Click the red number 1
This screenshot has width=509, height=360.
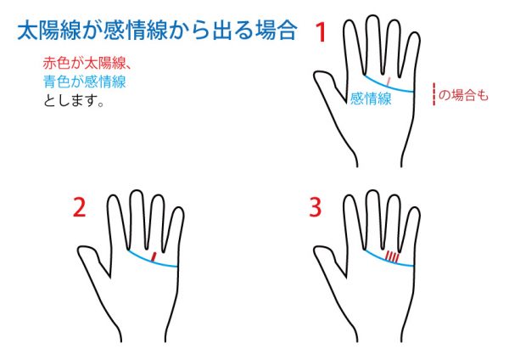click(321, 32)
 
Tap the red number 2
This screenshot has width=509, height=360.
click(80, 207)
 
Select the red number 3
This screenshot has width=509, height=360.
click(316, 207)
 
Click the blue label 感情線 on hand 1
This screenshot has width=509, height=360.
click(371, 98)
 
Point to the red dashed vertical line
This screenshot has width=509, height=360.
click(434, 94)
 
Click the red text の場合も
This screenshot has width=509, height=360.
click(463, 95)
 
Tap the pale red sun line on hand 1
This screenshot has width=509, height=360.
click(389, 82)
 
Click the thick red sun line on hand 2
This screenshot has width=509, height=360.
click(154, 256)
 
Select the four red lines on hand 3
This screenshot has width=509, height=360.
click(392, 256)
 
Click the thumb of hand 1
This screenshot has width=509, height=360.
click(327, 84)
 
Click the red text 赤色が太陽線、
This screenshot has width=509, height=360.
click(87, 63)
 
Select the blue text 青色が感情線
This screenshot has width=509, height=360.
click(84, 82)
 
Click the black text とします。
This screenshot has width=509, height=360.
click(73, 100)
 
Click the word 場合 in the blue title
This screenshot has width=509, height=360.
click(277, 31)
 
